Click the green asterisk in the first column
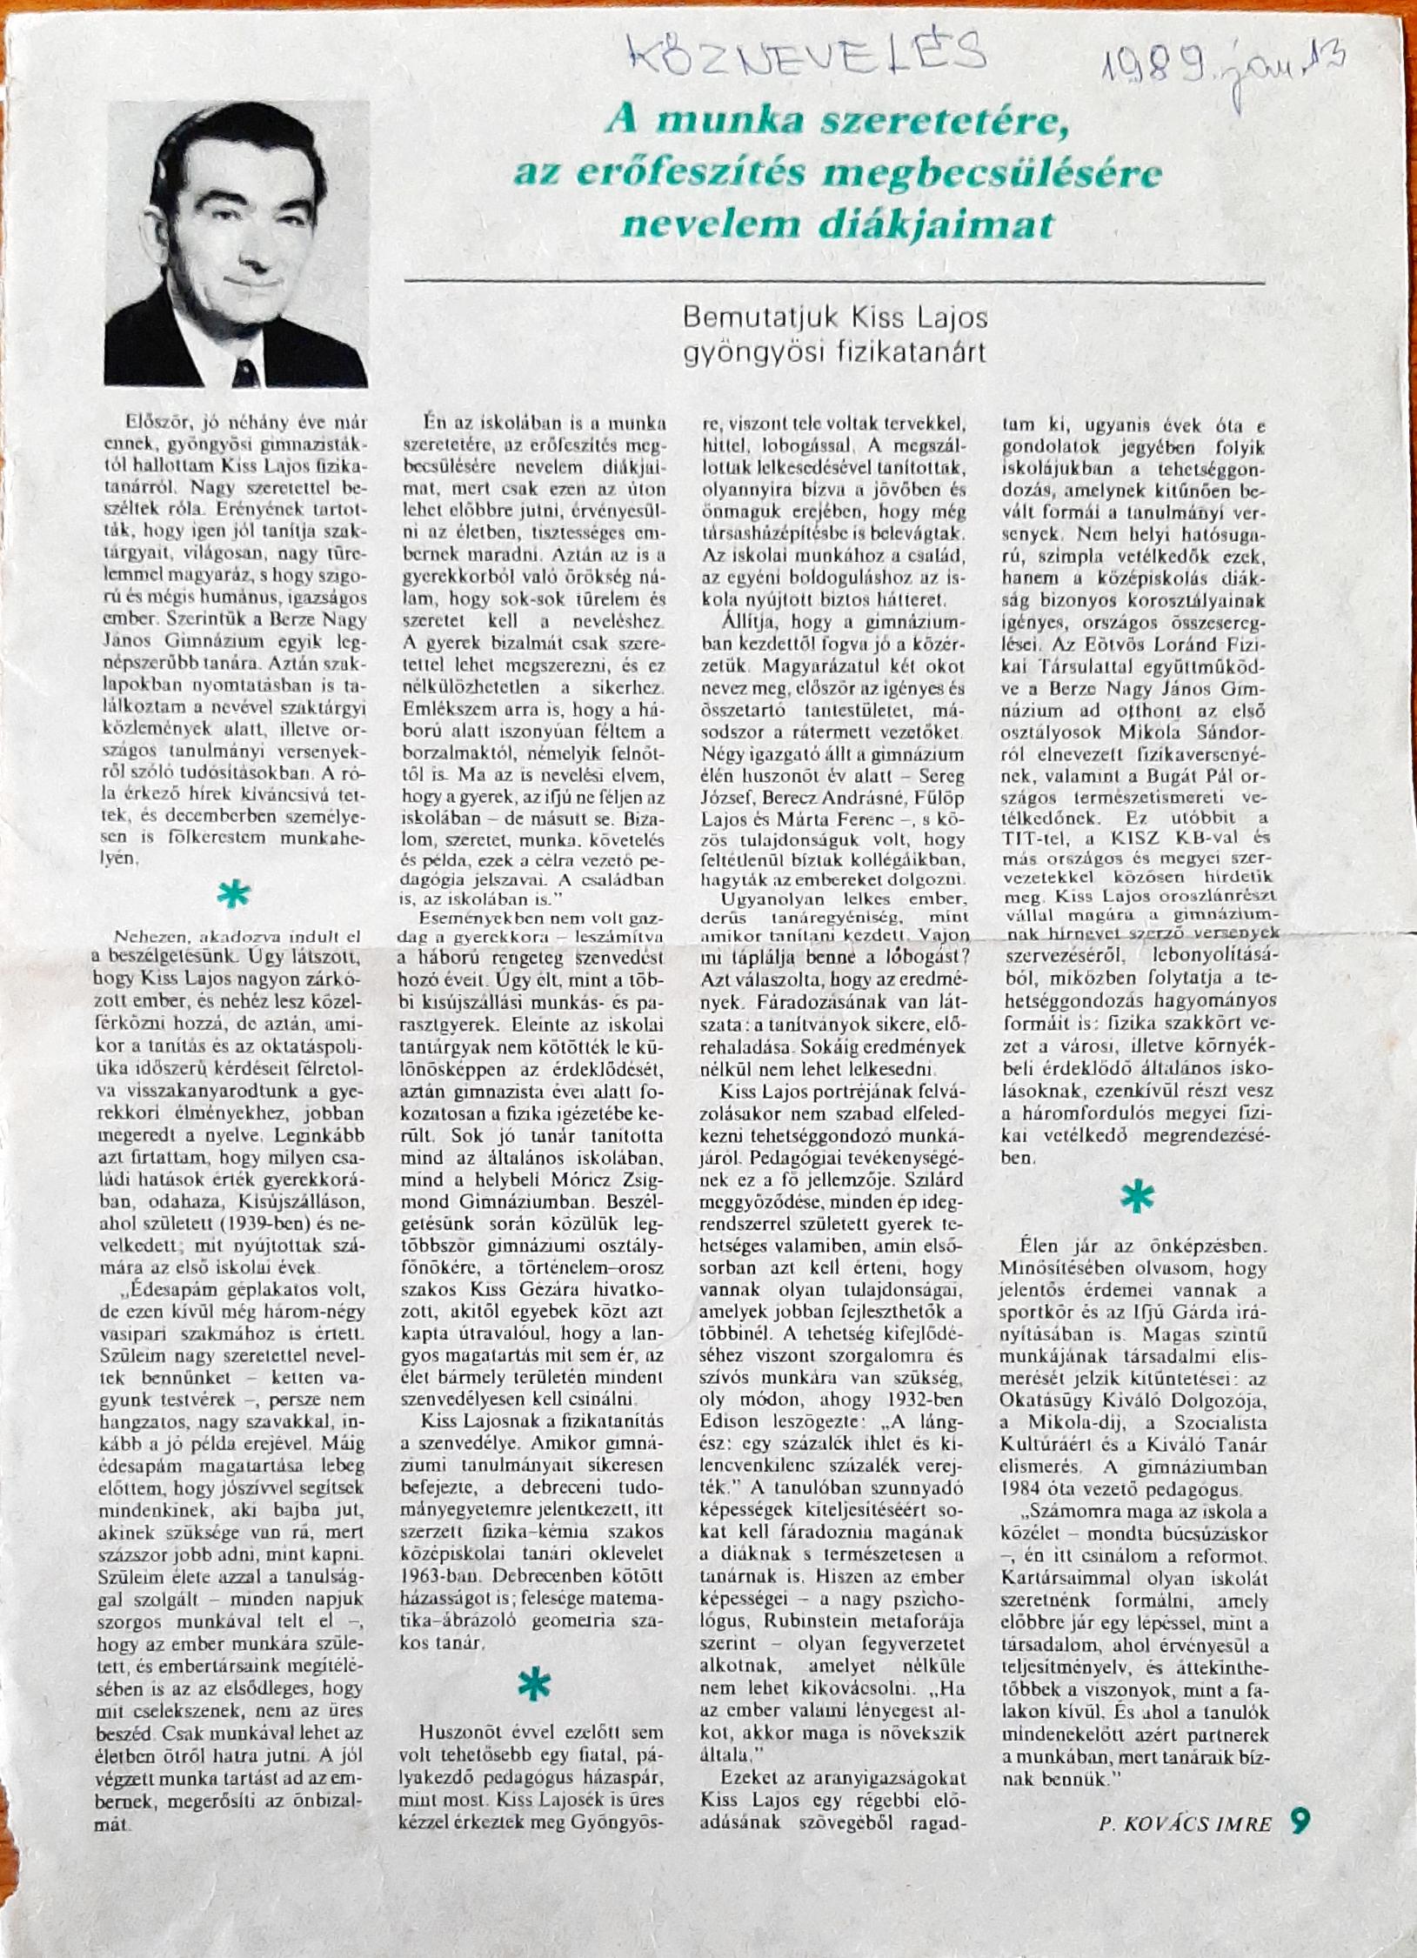tap(233, 896)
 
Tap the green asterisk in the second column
tap(534, 1686)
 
